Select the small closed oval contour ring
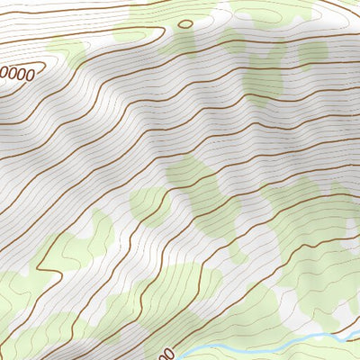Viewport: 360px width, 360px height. click(x=185, y=24)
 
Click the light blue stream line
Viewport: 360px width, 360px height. click(x=270, y=346)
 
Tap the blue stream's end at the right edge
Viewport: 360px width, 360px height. click(x=357, y=334)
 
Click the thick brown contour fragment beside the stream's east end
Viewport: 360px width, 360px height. click(x=346, y=319)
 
